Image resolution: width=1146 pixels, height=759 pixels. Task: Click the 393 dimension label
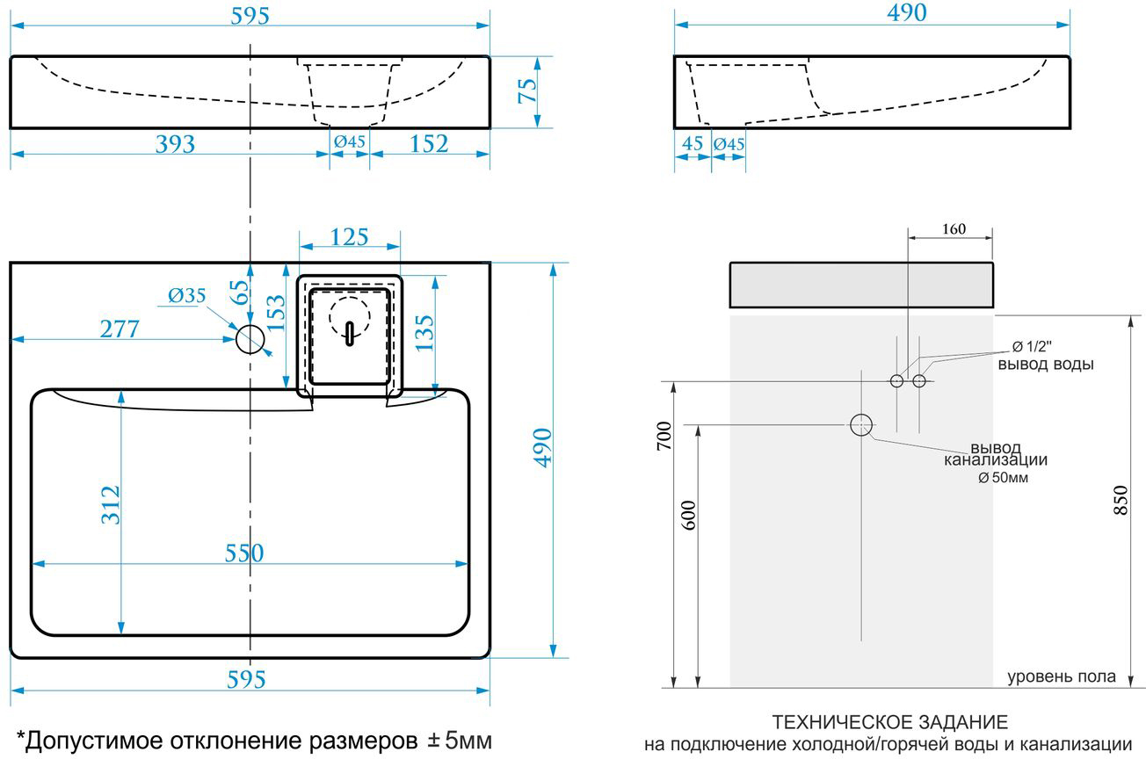pos(175,144)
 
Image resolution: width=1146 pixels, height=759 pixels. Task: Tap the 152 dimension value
pos(429,144)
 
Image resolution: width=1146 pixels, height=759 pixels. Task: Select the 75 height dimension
pos(527,91)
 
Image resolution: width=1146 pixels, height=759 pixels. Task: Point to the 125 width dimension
pos(349,237)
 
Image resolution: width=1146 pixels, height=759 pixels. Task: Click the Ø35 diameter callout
pos(186,295)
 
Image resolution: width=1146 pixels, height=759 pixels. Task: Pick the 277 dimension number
pos(120,329)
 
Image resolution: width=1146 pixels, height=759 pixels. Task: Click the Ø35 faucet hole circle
pos(250,339)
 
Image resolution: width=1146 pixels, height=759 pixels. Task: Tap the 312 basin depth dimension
pos(111,505)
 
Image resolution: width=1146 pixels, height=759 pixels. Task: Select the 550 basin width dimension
pos(244,553)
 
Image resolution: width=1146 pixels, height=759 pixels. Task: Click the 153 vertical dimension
pos(275,313)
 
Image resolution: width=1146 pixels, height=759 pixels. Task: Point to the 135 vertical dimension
pos(424,333)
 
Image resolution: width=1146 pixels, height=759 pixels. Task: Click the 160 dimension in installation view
pos(954,228)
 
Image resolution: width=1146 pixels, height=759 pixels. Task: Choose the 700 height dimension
pos(664,436)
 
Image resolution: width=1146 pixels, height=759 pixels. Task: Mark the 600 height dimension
pos(689,515)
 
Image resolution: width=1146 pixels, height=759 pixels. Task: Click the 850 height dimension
pos(1121,500)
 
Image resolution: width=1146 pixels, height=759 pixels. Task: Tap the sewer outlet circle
pos(861,425)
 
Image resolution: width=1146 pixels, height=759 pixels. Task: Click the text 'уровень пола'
pos(1062,677)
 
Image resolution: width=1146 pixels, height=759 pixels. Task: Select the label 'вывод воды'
pos(1046,365)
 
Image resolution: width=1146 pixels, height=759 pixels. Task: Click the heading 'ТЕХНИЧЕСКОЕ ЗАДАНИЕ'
pos(889,723)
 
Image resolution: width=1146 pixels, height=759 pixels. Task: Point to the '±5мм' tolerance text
pos(460,740)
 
